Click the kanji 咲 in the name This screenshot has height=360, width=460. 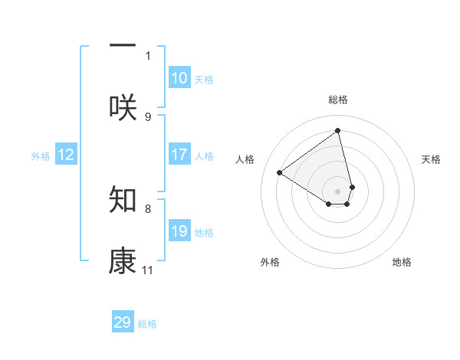(123, 107)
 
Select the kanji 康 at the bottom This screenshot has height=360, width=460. (123, 261)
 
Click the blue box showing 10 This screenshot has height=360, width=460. (179, 78)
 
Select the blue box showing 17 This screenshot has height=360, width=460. (179, 155)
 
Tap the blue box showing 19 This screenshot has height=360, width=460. (179, 231)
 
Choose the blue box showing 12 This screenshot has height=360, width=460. (66, 155)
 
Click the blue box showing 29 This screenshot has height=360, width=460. (123, 322)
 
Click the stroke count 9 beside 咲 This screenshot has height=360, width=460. (148, 117)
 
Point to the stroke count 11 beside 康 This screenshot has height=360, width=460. (148, 270)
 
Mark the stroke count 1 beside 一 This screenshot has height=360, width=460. (148, 55)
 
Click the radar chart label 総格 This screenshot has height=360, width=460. (338, 100)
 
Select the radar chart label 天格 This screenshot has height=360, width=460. (431, 159)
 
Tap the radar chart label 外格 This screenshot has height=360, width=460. (270, 262)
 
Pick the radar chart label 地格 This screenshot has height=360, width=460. (402, 262)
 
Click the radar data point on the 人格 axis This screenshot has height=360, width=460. (279, 173)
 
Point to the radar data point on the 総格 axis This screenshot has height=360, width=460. (338, 131)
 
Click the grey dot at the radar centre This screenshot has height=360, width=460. (338, 191)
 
